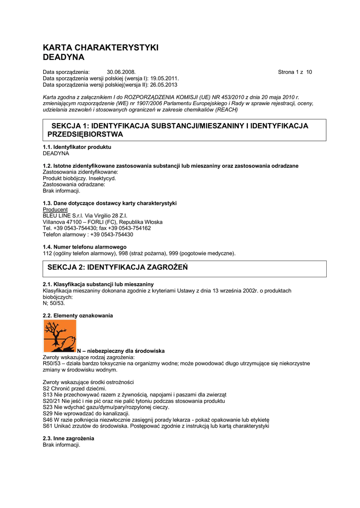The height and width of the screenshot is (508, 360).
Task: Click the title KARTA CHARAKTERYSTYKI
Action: click(x=100, y=48)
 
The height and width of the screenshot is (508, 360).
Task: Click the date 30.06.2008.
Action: click(x=121, y=72)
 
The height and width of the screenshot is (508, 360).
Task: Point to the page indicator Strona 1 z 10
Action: click(x=295, y=72)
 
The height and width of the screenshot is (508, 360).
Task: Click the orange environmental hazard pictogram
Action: click(x=60, y=336)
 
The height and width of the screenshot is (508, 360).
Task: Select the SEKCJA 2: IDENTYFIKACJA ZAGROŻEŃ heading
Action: click(x=117, y=267)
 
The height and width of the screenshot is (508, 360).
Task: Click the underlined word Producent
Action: click(x=55, y=210)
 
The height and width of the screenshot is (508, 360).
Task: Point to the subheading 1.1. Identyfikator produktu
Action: click(x=77, y=147)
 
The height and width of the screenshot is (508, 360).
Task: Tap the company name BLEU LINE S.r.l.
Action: click(x=63, y=216)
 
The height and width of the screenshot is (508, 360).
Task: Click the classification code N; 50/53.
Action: click(x=54, y=303)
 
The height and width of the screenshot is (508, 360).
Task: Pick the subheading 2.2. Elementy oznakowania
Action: click(x=78, y=316)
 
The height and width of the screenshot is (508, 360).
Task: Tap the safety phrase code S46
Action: click(x=48, y=419)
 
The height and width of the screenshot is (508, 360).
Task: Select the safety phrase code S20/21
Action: click(x=52, y=401)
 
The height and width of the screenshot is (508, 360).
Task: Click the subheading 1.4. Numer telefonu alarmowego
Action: click(x=84, y=247)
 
